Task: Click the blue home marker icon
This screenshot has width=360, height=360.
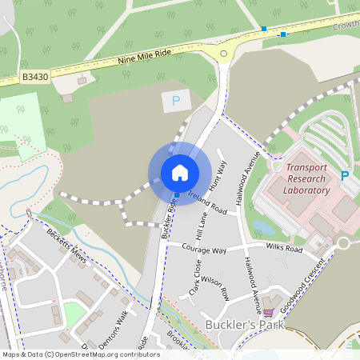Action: pos(180,172)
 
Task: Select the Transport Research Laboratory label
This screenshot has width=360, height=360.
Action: pos(307,179)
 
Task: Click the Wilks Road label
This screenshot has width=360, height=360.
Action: pos(283,250)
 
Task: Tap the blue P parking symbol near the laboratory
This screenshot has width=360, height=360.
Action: pos(345,176)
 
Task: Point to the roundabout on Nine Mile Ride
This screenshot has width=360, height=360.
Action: pos(223,54)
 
